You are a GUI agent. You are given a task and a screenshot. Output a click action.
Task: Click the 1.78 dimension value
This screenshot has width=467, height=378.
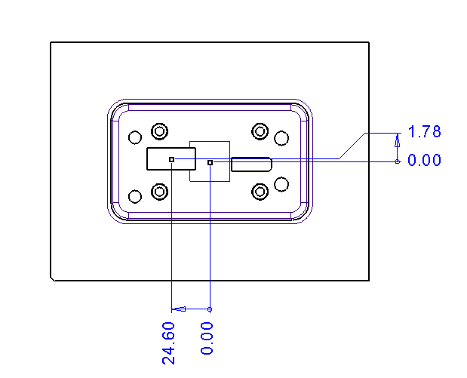[x=424, y=132]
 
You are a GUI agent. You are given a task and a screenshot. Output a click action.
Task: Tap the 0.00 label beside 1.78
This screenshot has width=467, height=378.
[x=424, y=160]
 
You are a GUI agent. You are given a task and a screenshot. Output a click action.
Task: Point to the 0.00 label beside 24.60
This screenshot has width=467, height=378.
[x=208, y=338]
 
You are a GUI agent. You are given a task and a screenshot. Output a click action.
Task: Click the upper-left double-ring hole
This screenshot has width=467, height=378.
[x=159, y=131]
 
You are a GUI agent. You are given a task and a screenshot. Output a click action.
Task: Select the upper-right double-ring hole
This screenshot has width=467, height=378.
[x=260, y=131]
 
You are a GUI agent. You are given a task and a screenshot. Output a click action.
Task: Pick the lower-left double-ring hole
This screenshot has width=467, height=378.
[x=159, y=191]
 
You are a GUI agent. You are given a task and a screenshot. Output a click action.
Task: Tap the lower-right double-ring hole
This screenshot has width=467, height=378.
[x=260, y=191]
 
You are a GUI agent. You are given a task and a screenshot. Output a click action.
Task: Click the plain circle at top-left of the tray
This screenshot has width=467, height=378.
[x=135, y=137]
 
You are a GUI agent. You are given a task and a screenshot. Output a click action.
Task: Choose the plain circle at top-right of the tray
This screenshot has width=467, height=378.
[x=281, y=137]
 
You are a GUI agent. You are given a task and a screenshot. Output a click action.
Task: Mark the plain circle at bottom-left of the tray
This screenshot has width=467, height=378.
[x=135, y=197]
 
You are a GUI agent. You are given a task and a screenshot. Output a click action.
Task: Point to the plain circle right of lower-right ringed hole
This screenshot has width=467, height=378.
[x=281, y=183]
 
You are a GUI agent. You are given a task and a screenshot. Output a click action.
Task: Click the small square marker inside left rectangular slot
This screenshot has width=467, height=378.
[x=172, y=159]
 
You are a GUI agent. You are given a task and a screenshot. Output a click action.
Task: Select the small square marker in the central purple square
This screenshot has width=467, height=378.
[x=210, y=161]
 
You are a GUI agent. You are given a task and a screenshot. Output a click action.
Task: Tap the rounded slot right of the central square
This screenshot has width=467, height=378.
[x=251, y=164]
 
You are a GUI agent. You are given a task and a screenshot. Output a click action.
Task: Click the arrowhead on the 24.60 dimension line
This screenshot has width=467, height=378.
[x=180, y=309]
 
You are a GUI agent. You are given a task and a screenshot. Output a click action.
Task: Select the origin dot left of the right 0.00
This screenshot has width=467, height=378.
[x=398, y=161]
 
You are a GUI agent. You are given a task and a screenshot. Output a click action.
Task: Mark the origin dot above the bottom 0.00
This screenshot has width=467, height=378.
[x=210, y=309]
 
